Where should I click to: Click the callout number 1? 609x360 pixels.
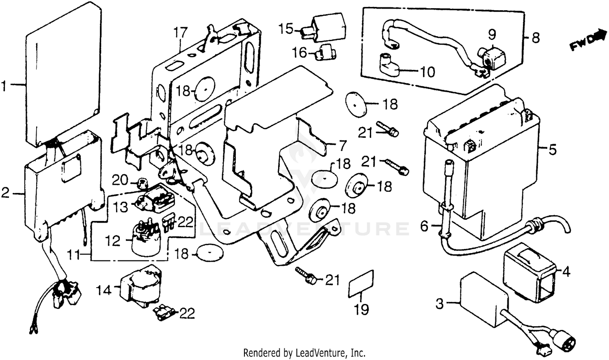tap(4, 86)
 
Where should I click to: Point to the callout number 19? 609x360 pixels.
tap(361, 310)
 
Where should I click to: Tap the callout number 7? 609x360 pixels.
tap(343, 145)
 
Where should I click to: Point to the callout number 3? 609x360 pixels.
tap(440, 304)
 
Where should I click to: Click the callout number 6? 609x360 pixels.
tap(424, 226)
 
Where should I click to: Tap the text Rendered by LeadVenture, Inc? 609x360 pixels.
tap(304, 352)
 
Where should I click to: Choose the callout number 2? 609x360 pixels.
tap(5, 193)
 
